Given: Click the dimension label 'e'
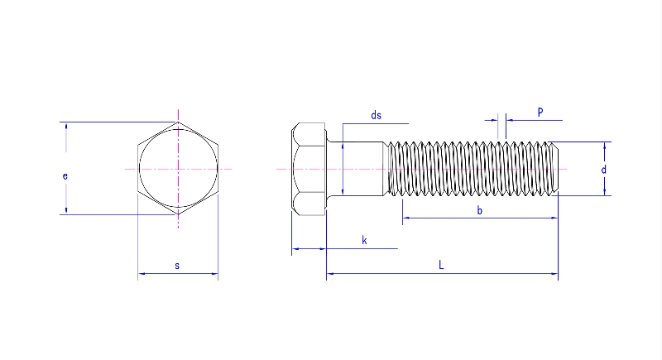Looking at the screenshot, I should [65, 175].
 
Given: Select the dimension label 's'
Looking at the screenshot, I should [177, 266].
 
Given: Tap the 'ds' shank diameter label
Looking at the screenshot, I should [376, 116].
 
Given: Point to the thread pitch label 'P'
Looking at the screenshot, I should [540, 111].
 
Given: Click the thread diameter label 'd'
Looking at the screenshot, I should [604, 169].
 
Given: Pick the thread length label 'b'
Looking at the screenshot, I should [480, 211].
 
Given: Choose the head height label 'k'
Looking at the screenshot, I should [364, 240].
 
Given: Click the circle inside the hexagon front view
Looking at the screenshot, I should [178, 169].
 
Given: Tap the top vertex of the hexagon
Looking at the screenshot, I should [178, 122].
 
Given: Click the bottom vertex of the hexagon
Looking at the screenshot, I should [178, 215].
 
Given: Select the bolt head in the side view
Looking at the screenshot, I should [309, 169].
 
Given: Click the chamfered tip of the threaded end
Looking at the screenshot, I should [554, 169].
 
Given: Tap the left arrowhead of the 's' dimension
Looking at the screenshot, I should [141, 273].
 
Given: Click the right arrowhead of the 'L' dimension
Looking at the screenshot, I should [554, 273].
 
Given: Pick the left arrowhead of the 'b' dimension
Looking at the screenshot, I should [405, 218].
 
